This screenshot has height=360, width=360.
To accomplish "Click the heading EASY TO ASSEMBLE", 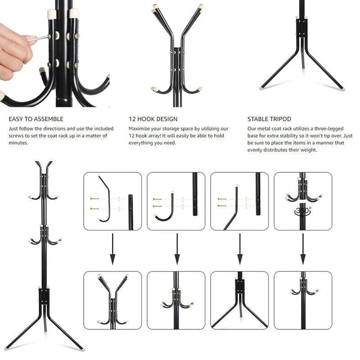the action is pyautogui.click(x=36, y=119).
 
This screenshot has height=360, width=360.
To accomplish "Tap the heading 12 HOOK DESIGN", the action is pyautogui.click(x=153, y=119).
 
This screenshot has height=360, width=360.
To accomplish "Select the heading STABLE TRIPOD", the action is pyautogui.click(x=269, y=119).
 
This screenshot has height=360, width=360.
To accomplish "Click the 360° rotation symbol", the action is pyautogui.click(x=303, y=211).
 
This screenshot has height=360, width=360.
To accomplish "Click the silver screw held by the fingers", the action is pyautogui.click(x=40, y=38).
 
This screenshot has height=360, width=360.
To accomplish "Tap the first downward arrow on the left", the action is pyautogui.click(x=112, y=249).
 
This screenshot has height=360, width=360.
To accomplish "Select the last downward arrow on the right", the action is pyautogui.click(x=303, y=249).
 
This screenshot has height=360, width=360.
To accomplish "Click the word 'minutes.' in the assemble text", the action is pyautogui.click(x=18, y=143).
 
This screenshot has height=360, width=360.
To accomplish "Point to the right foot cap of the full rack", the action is pyautogui.click(x=82, y=350).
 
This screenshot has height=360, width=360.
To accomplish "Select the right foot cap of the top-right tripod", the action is pyautogui.click(x=342, y=89).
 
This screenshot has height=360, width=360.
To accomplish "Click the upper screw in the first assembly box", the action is pyautogui.click(x=94, y=198).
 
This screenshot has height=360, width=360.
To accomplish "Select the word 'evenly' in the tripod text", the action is pyautogui.click(x=255, y=150).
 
